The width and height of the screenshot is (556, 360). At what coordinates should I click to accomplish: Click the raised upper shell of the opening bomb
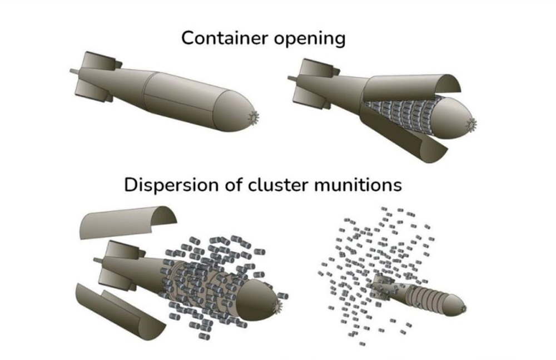[414, 90]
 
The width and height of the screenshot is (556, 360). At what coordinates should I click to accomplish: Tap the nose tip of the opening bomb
[472, 123]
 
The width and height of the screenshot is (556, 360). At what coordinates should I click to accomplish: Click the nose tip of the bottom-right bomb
[463, 307]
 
